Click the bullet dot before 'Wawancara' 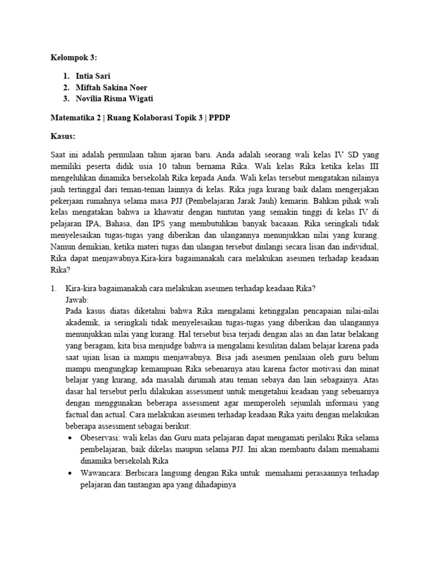tap(69, 473)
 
